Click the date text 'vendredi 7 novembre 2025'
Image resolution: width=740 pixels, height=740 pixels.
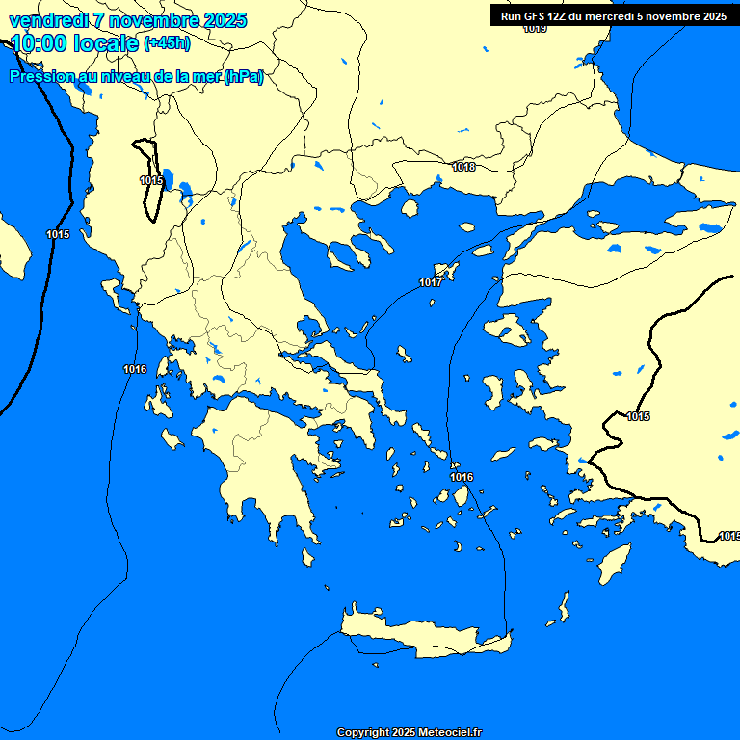127,20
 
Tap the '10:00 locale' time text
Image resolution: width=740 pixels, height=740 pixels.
74,43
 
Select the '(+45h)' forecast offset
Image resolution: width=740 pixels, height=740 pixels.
167,43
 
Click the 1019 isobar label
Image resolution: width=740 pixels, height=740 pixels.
535,29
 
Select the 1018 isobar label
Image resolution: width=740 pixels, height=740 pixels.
463,167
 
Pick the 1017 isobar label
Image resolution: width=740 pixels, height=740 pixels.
431,282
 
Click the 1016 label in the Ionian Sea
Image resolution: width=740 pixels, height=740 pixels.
135,369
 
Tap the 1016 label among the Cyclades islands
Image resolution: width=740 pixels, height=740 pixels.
462,477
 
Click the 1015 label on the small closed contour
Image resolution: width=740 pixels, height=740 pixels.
151,180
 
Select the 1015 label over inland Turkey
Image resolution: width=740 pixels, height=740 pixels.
638,416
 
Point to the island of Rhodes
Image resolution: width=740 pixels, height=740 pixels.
613,561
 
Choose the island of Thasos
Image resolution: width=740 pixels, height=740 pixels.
410,208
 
